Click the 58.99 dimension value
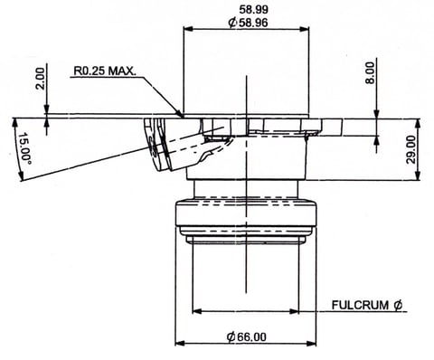tap(253, 10)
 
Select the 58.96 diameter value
tap(253, 23)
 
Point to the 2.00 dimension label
tap(40, 79)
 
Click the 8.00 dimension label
tap(370, 72)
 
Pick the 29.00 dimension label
tap(410, 149)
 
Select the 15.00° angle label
tap(25, 147)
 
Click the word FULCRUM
tap(360, 305)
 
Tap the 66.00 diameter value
tap(252, 336)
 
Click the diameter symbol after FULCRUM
tap(398, 305)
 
